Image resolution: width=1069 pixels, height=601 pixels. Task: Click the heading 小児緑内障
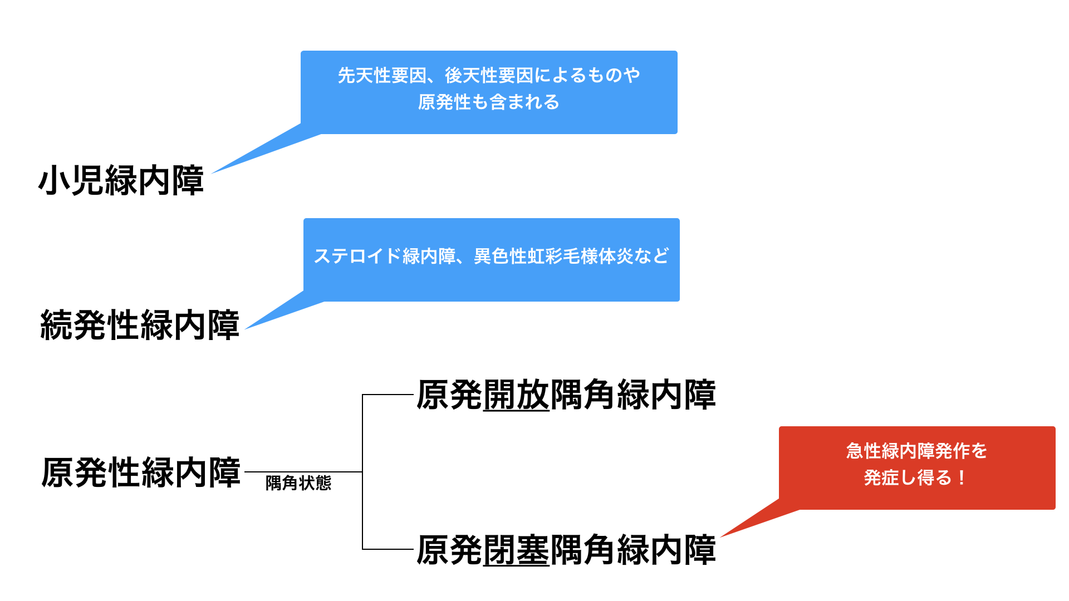pyautogui.click(x=121, y=180)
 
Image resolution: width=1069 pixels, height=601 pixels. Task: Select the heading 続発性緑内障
pyautogui.click(x=140, y=325)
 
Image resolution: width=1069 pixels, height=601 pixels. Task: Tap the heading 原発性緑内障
pyautogui.click(x=141, y=472)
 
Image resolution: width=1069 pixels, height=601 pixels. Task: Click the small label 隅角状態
pyautogui.click(x=298, y=483)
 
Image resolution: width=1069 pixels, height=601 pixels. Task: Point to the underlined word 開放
pyautogui.click(x=516, y=395)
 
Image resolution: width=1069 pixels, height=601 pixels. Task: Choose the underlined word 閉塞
pyautogui.click(x=516, y=550)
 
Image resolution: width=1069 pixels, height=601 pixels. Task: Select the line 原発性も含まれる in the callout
pyautogui.click(x=489, y=102)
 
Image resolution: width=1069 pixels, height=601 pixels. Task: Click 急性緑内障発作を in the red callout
pyautogui.click(x=916, y=451)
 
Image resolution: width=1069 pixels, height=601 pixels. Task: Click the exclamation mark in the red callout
pyautogui.click(x=962, y=477)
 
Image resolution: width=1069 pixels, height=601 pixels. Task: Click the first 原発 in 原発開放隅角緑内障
pyautogui.click(x=449, y=395)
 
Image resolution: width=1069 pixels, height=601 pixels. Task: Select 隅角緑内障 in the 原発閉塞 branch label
pyautogui.click(x=633, y=550)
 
